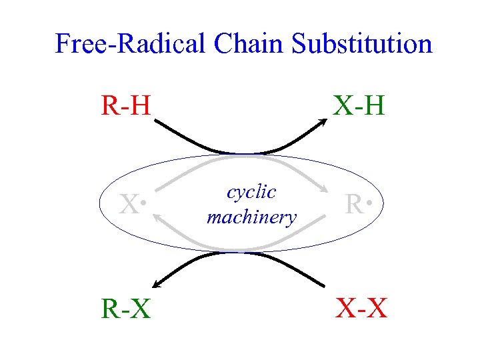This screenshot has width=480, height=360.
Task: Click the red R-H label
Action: click(x=126, y=106)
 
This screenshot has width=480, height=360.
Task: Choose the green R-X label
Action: click(x=125, y=308)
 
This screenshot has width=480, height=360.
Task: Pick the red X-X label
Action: click(x=361, y=308)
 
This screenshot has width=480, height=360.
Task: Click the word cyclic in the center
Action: click(x=251, y=193)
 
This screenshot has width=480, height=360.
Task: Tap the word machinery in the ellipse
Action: click(x=251, y=217)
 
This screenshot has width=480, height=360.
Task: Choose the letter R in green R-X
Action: click(x=110, y=308)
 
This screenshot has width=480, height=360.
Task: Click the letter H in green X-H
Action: click(x=374, y=106)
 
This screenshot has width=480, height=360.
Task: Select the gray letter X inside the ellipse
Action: click(x=129, y=205)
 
